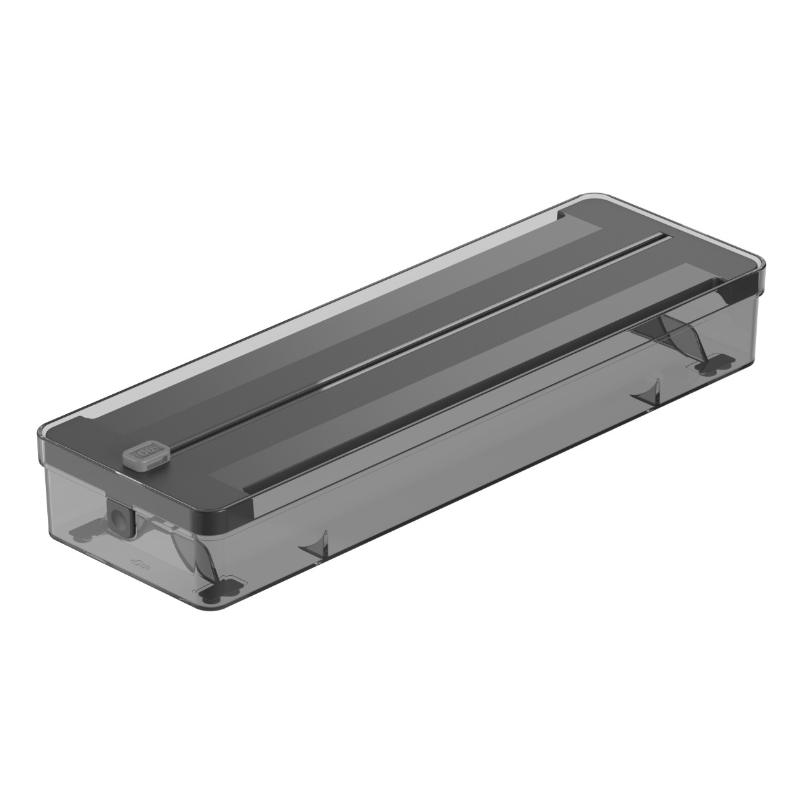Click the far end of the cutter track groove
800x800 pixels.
point(662,237)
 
